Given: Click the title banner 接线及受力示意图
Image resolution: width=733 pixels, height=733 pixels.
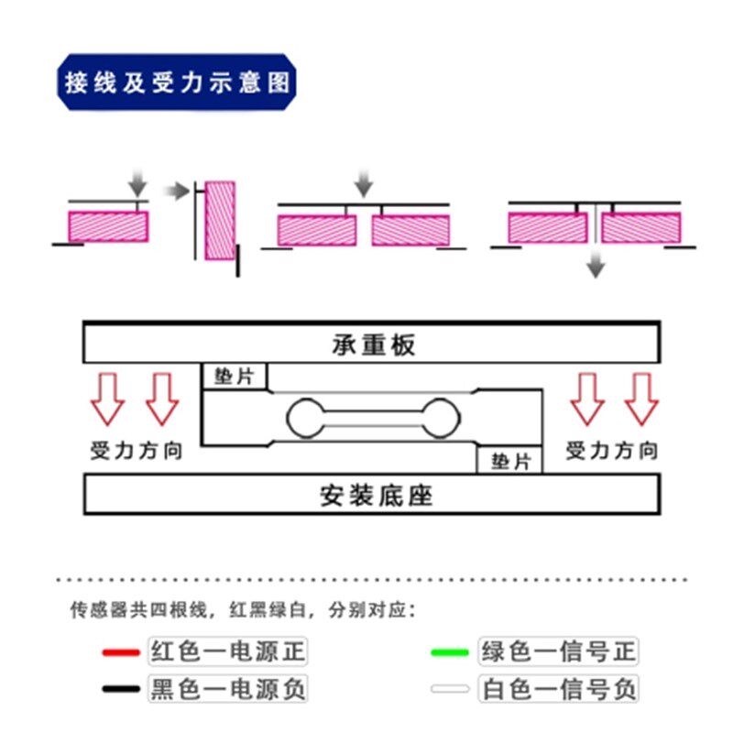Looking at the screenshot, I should [x=177, y=82].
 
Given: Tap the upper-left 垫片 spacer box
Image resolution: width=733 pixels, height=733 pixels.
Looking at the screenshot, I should [x=235, y=377].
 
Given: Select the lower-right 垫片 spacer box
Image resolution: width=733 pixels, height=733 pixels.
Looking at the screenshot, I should [x=509, y=461].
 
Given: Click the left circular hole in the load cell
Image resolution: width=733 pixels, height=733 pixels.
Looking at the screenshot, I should [x=306, y=419].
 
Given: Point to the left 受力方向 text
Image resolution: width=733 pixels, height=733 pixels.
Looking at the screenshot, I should [x=137, y=451].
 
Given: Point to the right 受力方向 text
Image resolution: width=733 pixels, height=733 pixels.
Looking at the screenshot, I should [x=611, y=451].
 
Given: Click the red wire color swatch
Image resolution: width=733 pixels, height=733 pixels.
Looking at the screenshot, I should [x=120, y=653].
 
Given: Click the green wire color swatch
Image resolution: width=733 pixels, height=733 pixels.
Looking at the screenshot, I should [x=450, y=653].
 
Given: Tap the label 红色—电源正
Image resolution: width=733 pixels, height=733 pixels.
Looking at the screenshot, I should [x=226, y=652].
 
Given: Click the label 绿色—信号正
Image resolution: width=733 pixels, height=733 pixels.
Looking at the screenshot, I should [x=557, y=652].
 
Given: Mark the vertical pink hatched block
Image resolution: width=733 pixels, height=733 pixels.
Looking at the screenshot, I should [x=220, y=221].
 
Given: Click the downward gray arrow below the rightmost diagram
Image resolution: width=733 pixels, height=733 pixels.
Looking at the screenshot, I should [x=596, y=267].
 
